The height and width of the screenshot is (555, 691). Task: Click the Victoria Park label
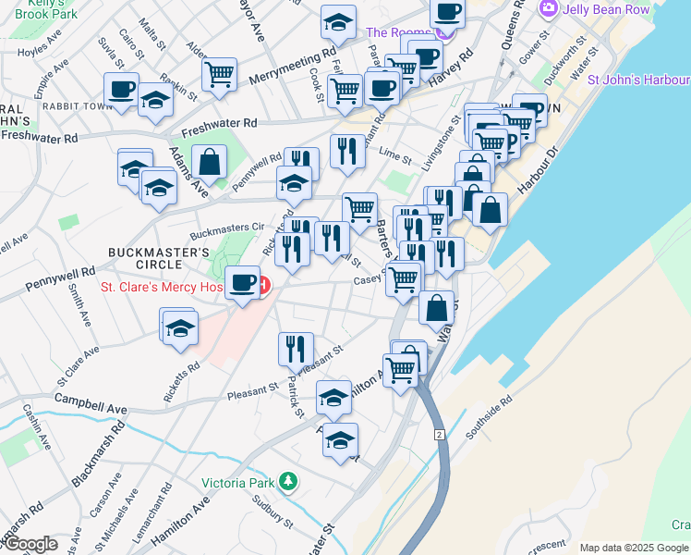[x=240, y=482]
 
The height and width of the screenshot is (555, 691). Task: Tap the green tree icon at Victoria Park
[x=289, y=481]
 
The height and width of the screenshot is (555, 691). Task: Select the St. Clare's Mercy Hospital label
[x=162, y=286]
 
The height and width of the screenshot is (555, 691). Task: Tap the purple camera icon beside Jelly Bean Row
[x=550, y=8]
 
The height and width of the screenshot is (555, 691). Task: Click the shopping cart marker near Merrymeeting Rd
[x=220, y=73]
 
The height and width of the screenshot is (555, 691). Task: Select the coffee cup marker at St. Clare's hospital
[x=244, y=281]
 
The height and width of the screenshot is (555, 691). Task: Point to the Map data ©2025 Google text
[x=634, y=548]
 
